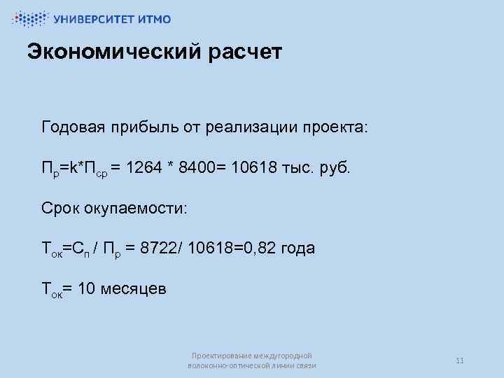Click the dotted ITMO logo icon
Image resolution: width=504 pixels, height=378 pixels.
point(29,19)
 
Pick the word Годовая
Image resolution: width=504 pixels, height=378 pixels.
point(73,128)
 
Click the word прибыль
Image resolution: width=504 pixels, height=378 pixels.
point(144,128)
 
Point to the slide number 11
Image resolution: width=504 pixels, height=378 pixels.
point(460,360)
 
